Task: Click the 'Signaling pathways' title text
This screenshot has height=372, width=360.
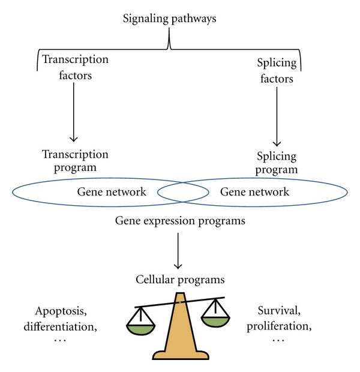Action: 169,19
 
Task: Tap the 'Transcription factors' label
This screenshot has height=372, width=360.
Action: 75,67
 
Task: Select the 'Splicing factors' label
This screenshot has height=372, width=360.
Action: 277,71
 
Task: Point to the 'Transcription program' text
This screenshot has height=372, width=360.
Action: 75,161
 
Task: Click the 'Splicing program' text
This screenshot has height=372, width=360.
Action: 277,163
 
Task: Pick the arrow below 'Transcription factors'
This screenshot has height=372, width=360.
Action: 74,112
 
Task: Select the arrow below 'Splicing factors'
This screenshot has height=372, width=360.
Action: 277,116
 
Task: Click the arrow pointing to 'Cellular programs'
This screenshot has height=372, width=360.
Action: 178,251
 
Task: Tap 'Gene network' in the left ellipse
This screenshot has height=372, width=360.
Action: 112,191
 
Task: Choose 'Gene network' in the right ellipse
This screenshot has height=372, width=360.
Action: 254,191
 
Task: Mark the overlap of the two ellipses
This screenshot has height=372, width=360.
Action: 183,192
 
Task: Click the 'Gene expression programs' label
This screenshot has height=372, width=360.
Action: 180,221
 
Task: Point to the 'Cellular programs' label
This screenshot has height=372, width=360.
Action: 180,280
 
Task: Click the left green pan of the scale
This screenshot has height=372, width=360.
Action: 141,330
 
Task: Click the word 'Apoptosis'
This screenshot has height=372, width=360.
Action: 61,311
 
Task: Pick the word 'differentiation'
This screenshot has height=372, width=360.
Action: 60,326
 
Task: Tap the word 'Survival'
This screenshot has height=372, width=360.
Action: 279,311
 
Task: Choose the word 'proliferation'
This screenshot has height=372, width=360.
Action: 279,326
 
